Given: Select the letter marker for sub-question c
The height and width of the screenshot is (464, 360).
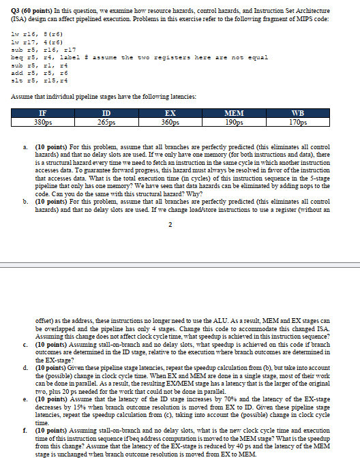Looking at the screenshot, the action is (25, 345).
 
